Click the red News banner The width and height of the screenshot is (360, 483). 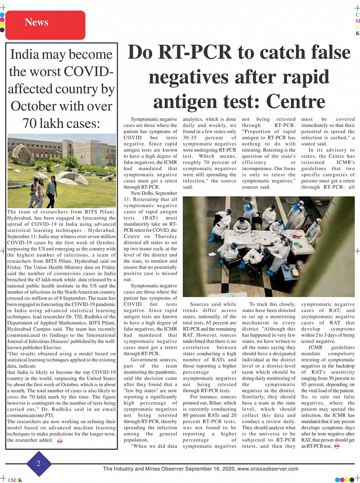click(x=45, y=25)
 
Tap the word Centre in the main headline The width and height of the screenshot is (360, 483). click(x=296, y=101)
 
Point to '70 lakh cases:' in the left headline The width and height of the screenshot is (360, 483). click(x=61, y=123)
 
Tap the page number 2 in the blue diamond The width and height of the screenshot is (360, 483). click(x=38, y=464)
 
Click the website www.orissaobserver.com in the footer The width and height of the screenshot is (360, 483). click(x=268, y=469)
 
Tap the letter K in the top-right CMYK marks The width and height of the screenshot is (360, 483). click(x=357, y=34)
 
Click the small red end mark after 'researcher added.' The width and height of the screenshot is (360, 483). click(x=59, y=441)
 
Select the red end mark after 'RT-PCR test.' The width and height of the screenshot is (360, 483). click(x=336, y=446)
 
